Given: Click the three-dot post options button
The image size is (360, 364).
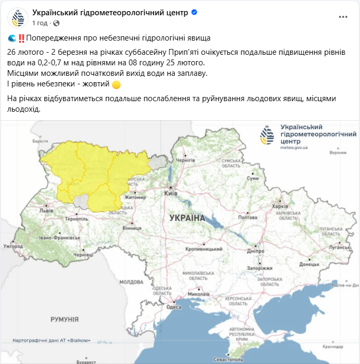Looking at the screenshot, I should (x=343, y=17).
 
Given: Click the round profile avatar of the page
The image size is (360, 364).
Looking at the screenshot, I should (x=18, y=18).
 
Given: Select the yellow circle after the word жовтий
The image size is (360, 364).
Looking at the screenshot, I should (x=116, y=84).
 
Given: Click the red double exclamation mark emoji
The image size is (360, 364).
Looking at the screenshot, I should (x=22, y=38).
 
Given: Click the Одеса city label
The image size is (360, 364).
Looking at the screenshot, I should (x=174, y=307).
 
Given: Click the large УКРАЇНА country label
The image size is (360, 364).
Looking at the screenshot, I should (x=187, y=218).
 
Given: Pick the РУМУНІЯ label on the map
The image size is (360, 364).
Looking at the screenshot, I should (x=64, y=319).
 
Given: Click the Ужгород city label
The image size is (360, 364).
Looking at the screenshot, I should (x=13, y=246).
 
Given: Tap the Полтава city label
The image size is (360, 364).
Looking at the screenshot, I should (x=247, y=217).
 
